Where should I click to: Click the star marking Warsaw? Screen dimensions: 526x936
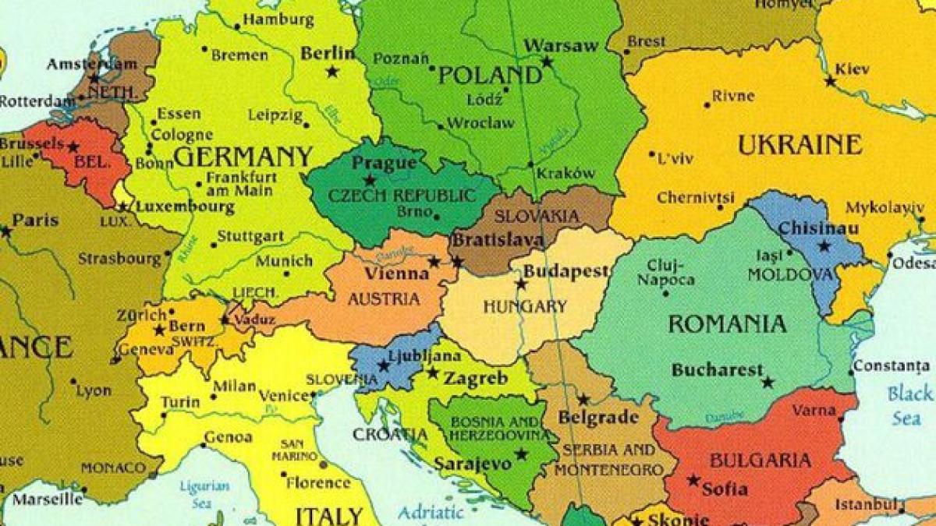pyautogui.click(x=547, y=62)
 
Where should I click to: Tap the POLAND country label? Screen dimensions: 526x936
pyautogui.click(x=490, y=76)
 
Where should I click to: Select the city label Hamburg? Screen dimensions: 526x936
pyautogui.click(x=273, y=19)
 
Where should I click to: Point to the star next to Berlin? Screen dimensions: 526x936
pyautogui.click(x=333, y=72)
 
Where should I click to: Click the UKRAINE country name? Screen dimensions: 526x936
pyautogui.click(x=799, y=145)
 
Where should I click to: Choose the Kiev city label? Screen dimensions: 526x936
pyautogui.click(x=852, y=69)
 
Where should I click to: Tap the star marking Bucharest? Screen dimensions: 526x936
pyautogui.click(x=768, y=383)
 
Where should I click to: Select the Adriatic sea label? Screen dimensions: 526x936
pyautogui.click(x=431, y=513)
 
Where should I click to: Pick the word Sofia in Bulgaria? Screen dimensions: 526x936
pyautogui.click(x=725, y=490)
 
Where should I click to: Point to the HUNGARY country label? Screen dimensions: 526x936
pyautogui.click(x=525, y=306)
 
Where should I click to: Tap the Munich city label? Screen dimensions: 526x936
pyautogui.click(x=284, y=261)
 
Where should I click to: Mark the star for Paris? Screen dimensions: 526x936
pyautogui.click(x=7, y=231)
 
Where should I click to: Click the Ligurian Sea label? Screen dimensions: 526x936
pyautogui.click(x=204, y=494)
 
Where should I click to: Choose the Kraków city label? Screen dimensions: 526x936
pyautogui.click(x=566, y=173)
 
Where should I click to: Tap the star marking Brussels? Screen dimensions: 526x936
pyautogui.click(x=74, y=147)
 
